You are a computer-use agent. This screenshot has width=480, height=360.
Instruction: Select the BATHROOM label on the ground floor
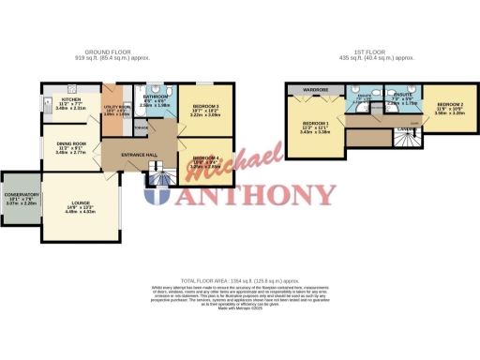coord(156,96)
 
